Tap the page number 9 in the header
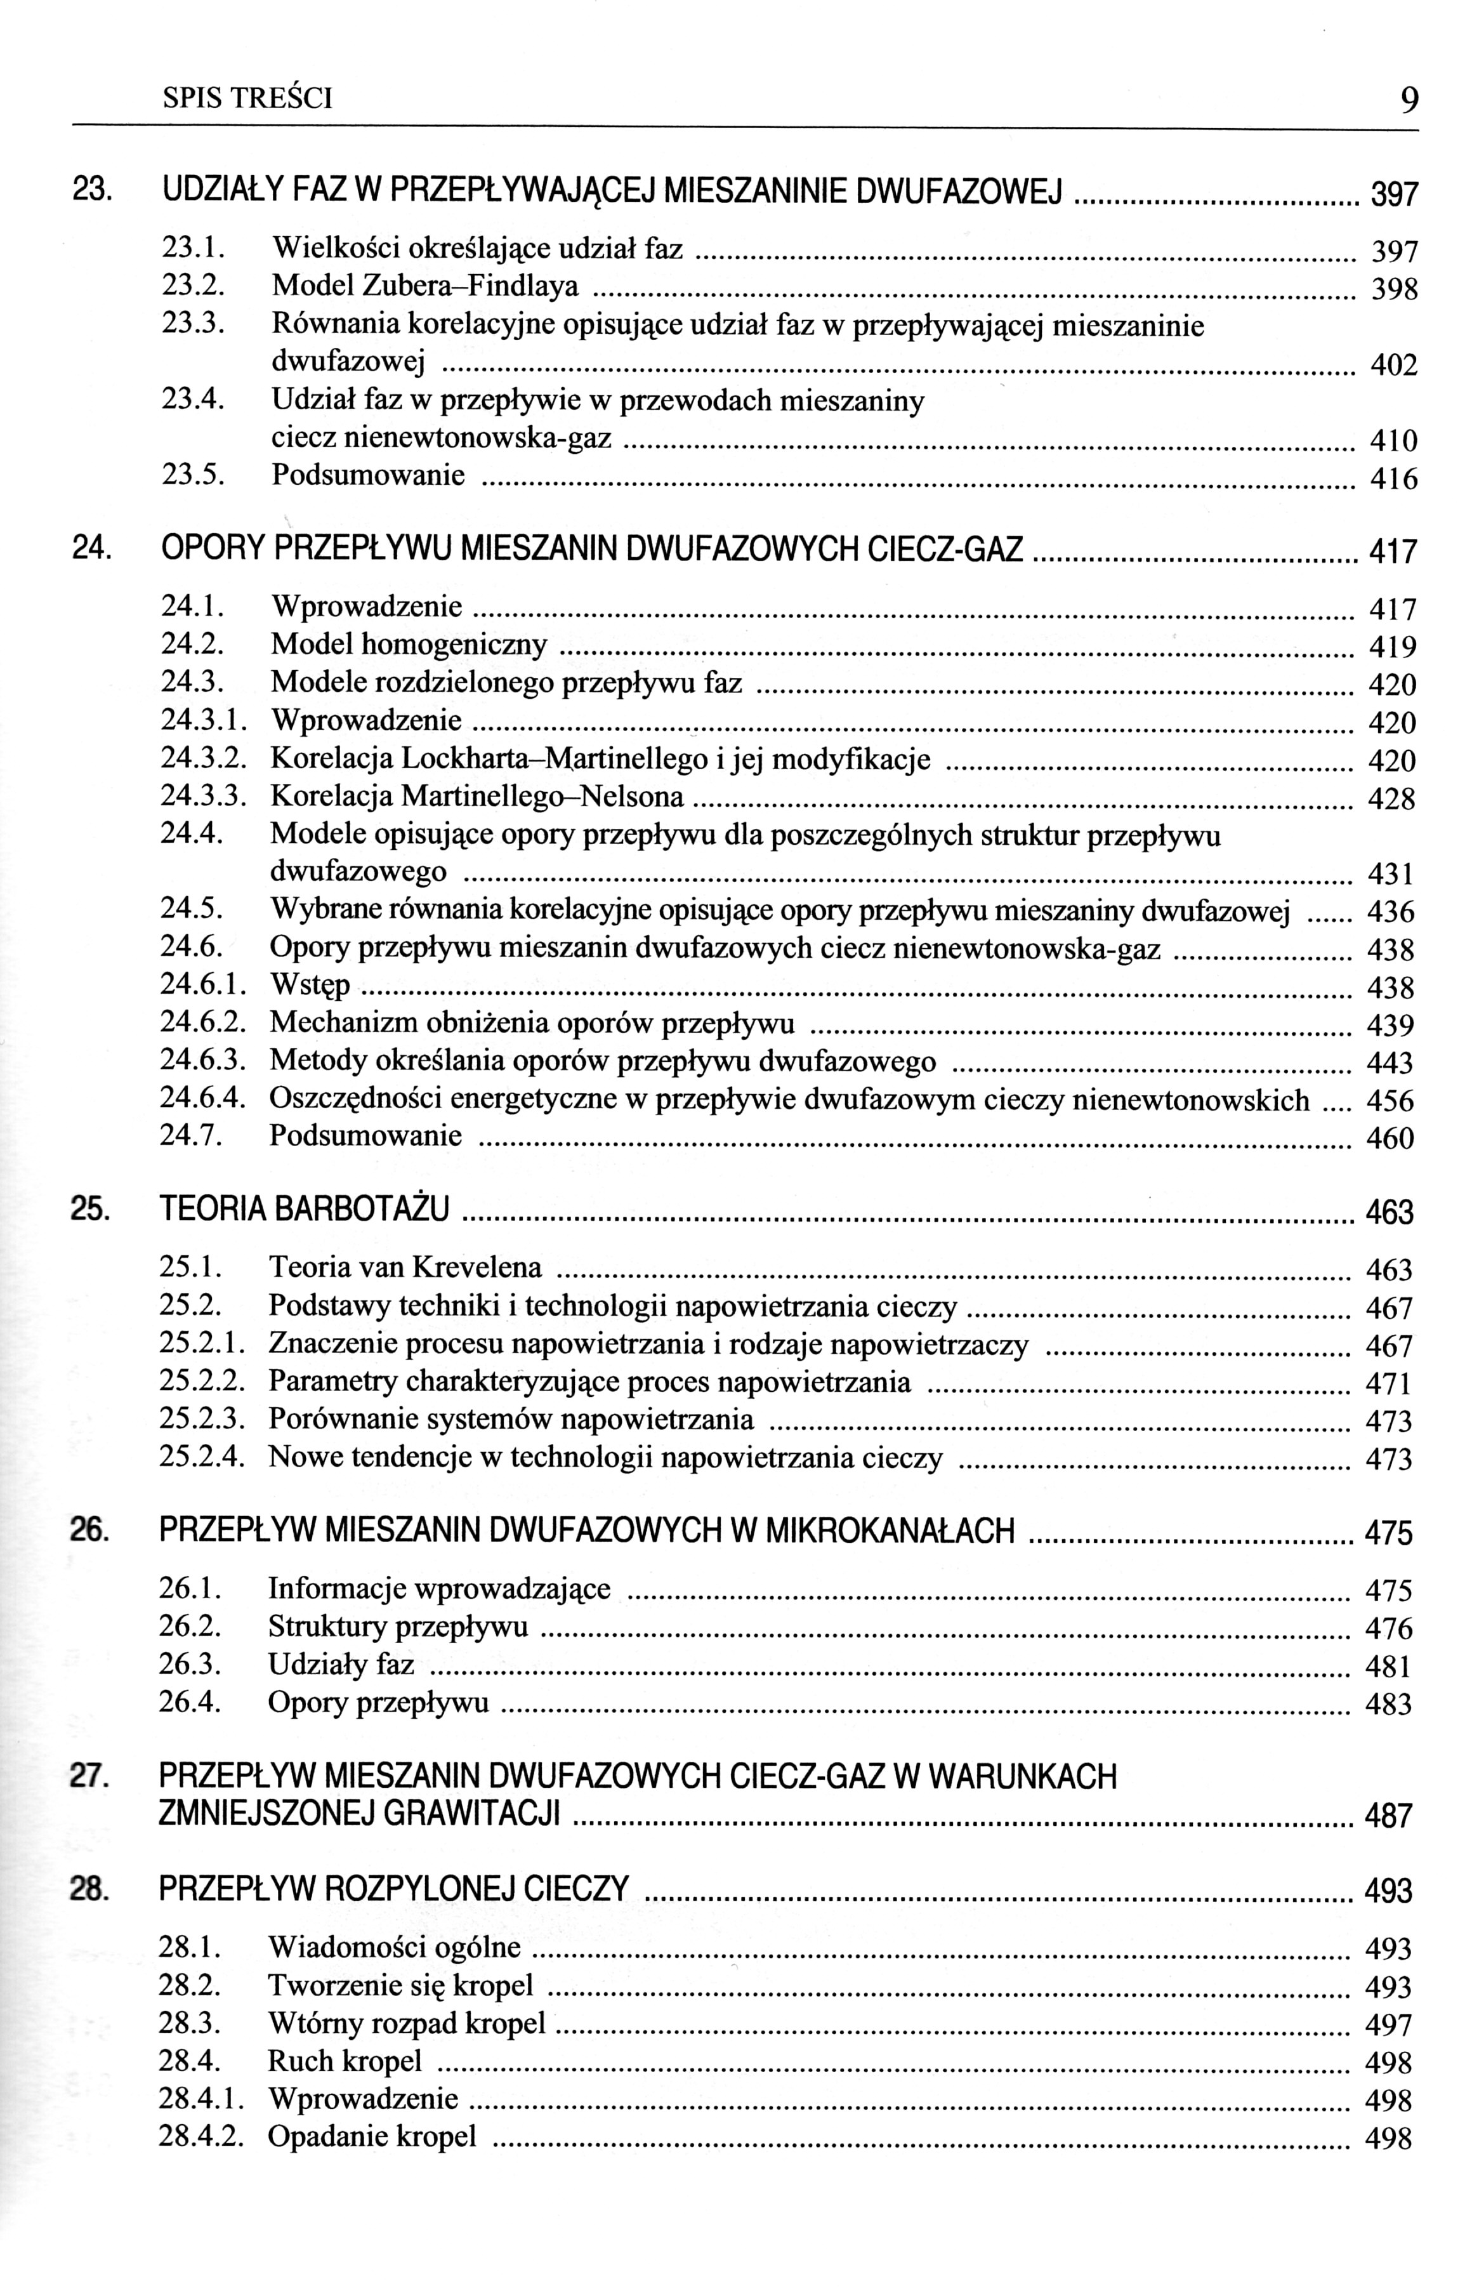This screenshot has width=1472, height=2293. tap(1408, 100)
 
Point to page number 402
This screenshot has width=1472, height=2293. tap(1393, 365)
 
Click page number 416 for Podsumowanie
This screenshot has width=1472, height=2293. tap(1393, 478)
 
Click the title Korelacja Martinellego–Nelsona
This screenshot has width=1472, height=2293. tap(477, 796)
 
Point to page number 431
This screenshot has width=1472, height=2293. tap(1391, 875)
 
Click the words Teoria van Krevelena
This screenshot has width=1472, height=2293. tap(405, 1267)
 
